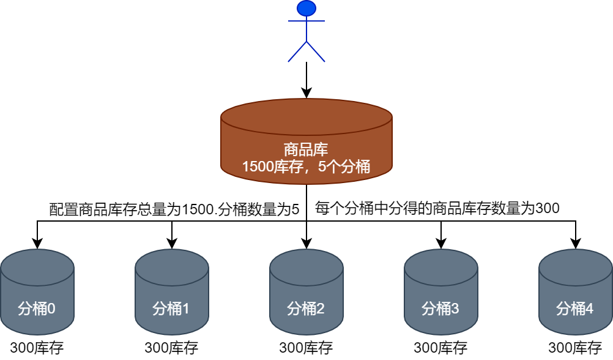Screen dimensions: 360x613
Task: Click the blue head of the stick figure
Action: point(306,8)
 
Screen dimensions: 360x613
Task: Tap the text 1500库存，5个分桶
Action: point(306,166)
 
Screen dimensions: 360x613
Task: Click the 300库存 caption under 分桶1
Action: point(171,348)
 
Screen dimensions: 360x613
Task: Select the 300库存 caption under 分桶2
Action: point(306,348)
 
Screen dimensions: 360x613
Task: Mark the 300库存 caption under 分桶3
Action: point(440,348)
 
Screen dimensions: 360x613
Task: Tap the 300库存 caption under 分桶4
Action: point(575,348)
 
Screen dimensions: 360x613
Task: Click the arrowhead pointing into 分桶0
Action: point(37,243)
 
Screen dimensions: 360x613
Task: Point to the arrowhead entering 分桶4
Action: point(576,243)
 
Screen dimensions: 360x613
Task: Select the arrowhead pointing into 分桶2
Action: point(306,243)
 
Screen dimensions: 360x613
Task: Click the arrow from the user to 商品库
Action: point(306,80)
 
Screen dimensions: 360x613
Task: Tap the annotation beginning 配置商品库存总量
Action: point(174,209)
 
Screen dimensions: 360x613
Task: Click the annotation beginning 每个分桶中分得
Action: point(437,208)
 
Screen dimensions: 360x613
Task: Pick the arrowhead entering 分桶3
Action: point(441,243)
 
